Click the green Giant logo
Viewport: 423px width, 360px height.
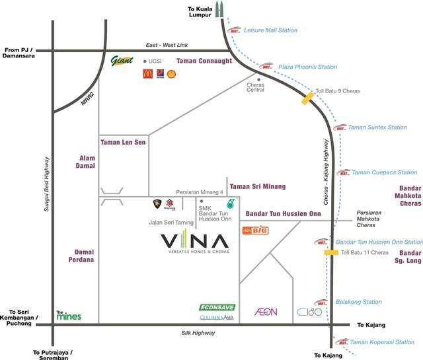coord(122,61)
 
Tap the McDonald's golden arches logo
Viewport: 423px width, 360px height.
coord(148,74)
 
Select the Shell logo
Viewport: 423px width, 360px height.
coord(171,74)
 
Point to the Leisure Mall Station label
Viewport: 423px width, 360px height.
coord(270,30)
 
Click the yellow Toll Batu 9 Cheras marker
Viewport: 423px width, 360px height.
coord(307,98)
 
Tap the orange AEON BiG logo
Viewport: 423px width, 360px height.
coord(255,231)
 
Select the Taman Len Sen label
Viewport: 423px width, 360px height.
coord(124,142)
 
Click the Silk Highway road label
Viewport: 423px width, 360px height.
coord(199,334)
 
